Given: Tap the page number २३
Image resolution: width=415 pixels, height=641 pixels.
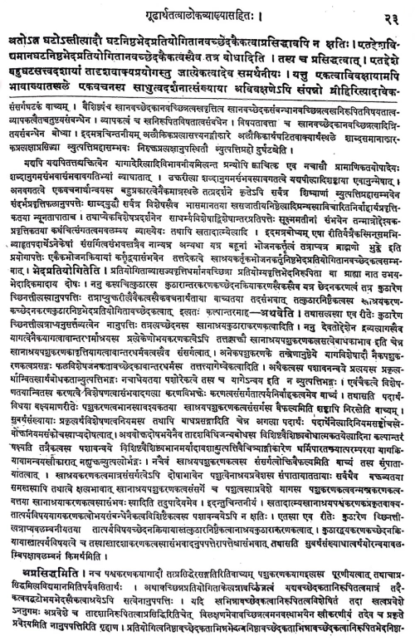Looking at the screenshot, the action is tap(393, 11).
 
